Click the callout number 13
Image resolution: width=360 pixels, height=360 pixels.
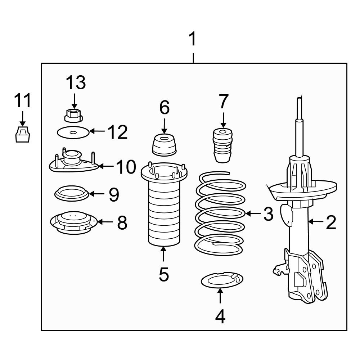(76, 83)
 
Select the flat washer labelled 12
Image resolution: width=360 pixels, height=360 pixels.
(73, 132)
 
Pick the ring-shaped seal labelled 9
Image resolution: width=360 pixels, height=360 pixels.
(72, 194)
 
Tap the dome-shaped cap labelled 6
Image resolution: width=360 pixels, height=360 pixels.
(164, 145)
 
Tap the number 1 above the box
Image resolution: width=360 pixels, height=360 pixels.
(193, 39)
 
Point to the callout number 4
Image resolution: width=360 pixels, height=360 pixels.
(220, 316)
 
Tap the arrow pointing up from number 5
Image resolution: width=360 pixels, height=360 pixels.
(163, 254)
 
